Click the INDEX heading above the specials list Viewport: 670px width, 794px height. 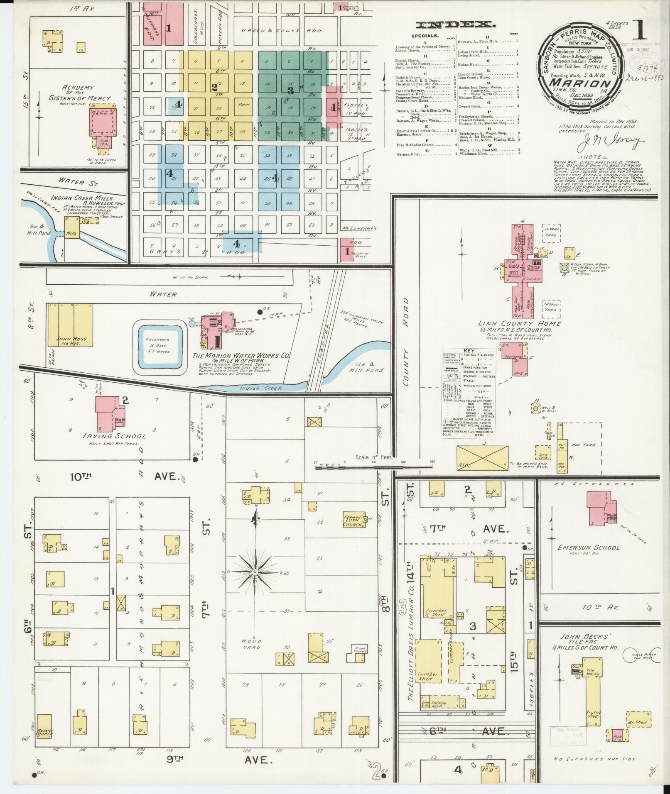pyautogui.click(x=456, y=24)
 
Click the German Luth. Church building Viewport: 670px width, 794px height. pyautogui.click(x=353, y=519)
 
